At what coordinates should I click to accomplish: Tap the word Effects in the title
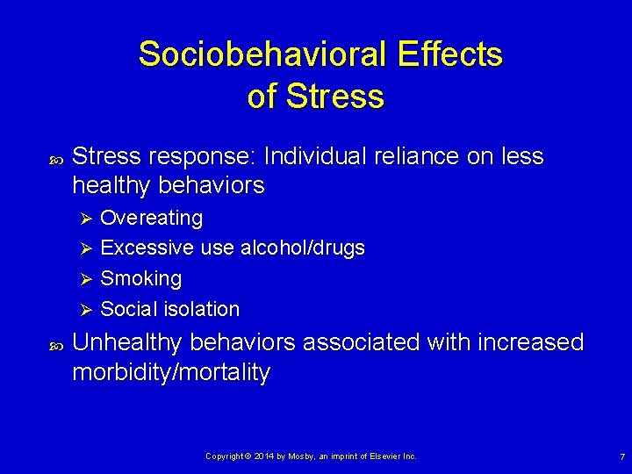pyautogui.click(x=449, y=54)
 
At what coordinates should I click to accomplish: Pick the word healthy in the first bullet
pyautogui.click(x=109, y=185)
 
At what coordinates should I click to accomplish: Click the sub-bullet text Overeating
pyautogui.click(x=151, y=218)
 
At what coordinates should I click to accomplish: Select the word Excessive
pyautogui.click(x=147, y=248)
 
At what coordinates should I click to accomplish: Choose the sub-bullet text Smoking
pyautogui.click(x=140, y=279)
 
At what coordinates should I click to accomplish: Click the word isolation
pyautogui.click(x=201, y=309)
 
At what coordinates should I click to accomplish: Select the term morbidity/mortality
pyautogui.click(x=171, y=372)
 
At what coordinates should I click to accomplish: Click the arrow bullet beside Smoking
pyautogui.click(x=86, y=279)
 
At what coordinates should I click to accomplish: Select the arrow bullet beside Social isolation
pyautogui.click(x=86, y=310)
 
